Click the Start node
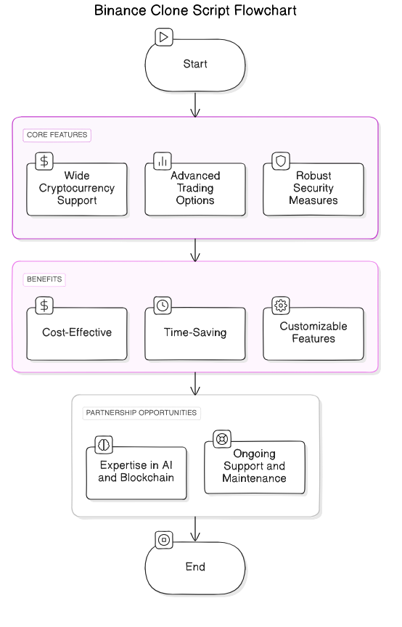point(195,64)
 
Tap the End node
point(195,567)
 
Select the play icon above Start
point(164,36)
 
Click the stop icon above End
point(164,539)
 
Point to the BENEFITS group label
point(44,279)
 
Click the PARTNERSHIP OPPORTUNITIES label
point(141,413)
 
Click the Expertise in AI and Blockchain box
point(136,472)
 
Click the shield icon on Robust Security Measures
point(280,160)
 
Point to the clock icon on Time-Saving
point(163,305)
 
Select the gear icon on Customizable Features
point(280,305)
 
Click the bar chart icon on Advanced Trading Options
point(163,160)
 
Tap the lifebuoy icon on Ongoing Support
point(221,438)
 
